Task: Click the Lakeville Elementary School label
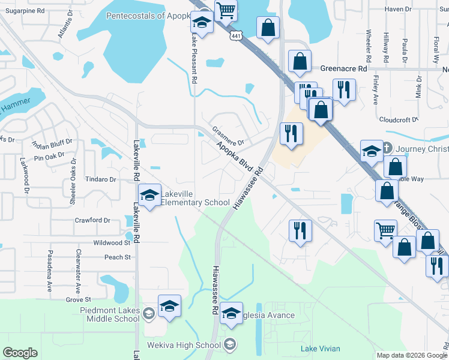(x=195, y=198)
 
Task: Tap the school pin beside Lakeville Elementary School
(x=149, y=194)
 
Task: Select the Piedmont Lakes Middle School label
(x=110, y=314)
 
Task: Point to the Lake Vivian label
(x=320, y=349)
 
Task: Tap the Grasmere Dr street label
(x=228, y=136)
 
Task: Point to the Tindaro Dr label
(x=100, y=179)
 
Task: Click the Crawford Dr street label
(x=92, y=220)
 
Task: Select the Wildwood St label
(x=112, y=243)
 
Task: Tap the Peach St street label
(x=118, y=257)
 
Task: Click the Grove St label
(x=78, y=299)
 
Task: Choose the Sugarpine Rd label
(x=24, y=11)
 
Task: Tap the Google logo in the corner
(x=20, y=353)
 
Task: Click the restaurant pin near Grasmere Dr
(x=291, y=134)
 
